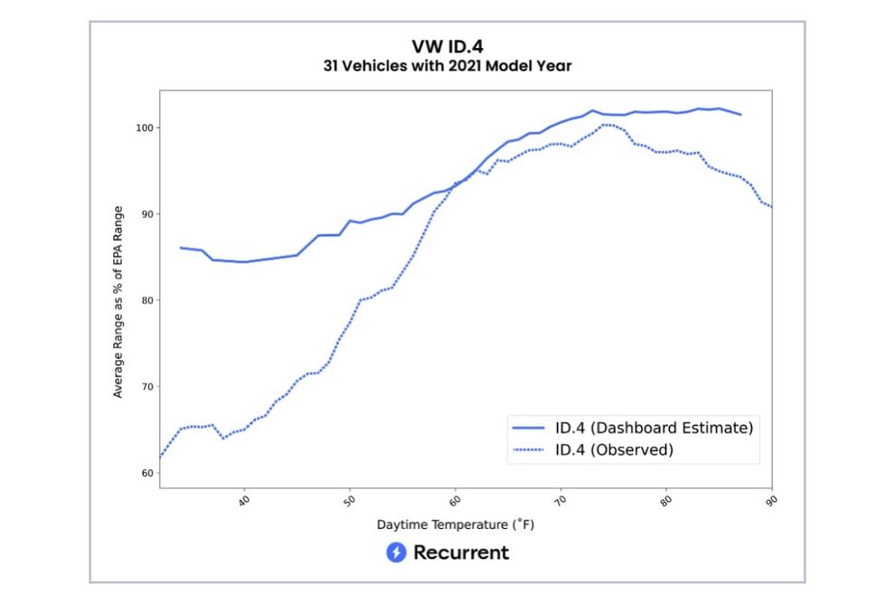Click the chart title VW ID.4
pos(448,47)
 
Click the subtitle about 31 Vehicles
pos(448,66)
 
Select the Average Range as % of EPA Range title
pos(118,301)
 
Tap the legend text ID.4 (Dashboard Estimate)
pos(654,427)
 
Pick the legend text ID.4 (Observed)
pos(614,449)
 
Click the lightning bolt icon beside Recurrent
pos(396,552)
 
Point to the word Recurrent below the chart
pos(461,552)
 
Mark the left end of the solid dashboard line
pos(180,248)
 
